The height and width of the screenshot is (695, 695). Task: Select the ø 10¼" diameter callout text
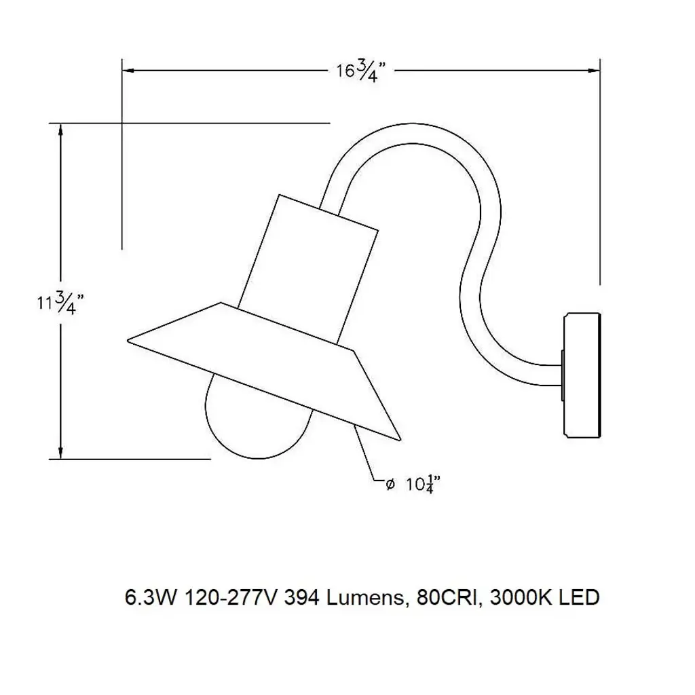pyautogui.click(x=413, y=484)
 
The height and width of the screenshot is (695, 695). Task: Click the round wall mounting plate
pyautogui.click(x=582, y=375)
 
